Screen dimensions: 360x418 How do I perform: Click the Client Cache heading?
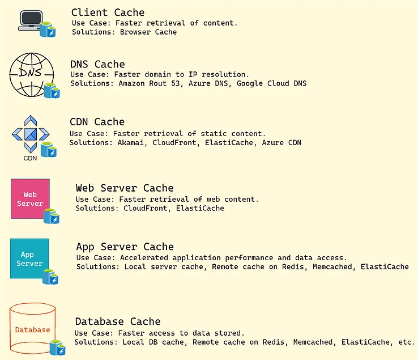pos(108,12)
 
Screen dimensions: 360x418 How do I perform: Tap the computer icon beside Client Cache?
pos(32,20)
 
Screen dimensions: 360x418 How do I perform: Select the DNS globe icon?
pos(32,73)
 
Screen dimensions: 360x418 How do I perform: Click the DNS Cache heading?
pos(97,65)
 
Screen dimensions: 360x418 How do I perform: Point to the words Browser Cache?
pos(148,32)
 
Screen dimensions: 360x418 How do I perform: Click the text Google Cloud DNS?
pos(272,84)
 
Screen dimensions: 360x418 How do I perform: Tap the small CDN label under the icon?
pos(30,158)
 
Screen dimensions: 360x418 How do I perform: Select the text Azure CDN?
pos(281,143)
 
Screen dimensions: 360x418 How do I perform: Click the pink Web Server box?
pos(30,199)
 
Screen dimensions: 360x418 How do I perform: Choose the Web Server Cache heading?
pos(125,188)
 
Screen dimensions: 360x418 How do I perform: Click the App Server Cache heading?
pos(125,247)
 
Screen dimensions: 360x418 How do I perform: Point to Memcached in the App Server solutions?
pos(334,267)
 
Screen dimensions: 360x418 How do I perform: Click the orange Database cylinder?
pos(32,329)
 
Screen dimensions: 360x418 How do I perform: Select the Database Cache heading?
pos(117,322)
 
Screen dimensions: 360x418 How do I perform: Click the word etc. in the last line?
pos(407,342)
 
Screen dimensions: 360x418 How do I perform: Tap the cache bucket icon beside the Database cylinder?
pos(57,347)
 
